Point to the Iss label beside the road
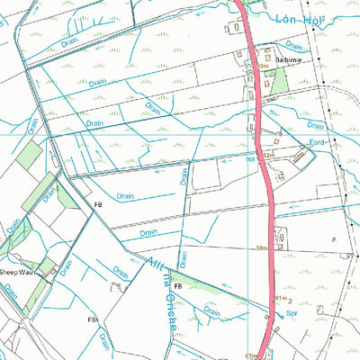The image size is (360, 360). point(252,159)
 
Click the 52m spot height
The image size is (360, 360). point(266,156)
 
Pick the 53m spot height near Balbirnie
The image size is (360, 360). point(263,66)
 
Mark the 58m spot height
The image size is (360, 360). point(262,247)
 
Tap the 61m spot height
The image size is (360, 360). point(280,298)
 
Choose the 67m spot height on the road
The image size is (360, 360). point(250,356)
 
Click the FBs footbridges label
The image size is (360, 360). point(92,319)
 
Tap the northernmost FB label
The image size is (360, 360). point(99,205)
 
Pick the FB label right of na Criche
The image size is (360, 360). point(178,286)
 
